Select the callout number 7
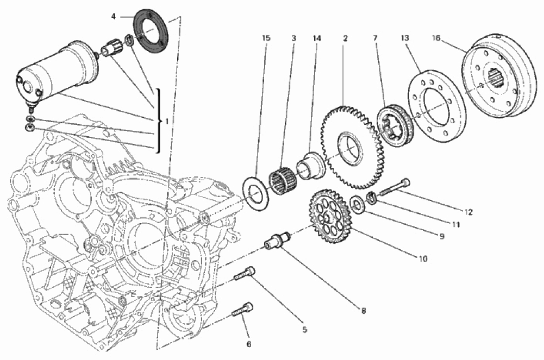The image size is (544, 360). (374, 39)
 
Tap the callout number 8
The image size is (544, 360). (363, 311)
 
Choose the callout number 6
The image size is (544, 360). (249, 344)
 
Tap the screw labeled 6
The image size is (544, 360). (243, 310)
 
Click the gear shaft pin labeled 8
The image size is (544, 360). (277, 239)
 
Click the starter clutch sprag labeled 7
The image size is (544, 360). (396, 125)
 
